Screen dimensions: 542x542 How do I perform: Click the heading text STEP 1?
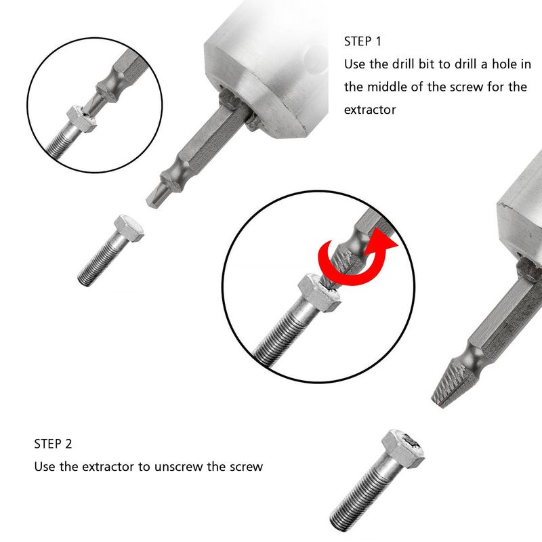click(x=362, y=41)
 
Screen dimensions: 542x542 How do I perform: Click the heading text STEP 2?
click(x=53, y=444)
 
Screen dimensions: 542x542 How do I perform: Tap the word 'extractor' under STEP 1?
click(x=369, y=110)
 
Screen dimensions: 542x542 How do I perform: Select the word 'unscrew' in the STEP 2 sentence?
click(x=178, y=467)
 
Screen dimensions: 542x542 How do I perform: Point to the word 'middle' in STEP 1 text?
click(x=387, y=87)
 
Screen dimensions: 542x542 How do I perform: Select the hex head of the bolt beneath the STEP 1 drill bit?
click(x=129, y=228)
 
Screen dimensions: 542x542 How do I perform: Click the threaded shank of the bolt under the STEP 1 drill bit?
click(x=101, y=261)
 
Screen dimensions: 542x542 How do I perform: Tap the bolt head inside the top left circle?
click(x=81, y=119)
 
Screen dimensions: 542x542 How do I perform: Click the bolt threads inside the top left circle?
click(x=64, y=142)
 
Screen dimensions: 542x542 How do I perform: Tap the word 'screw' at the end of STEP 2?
click(x=245, y=467)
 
